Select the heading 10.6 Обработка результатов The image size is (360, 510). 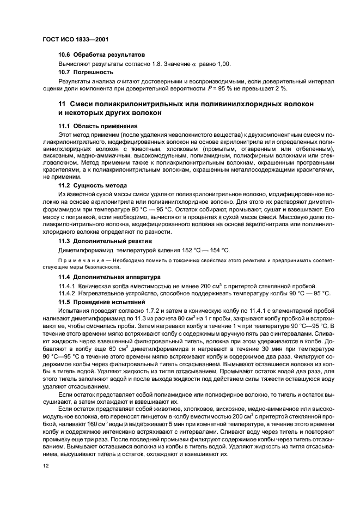[x=102, y=55]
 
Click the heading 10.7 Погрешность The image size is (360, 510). [x=86, y=72]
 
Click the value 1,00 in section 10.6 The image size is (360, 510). [x=223, y=64]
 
